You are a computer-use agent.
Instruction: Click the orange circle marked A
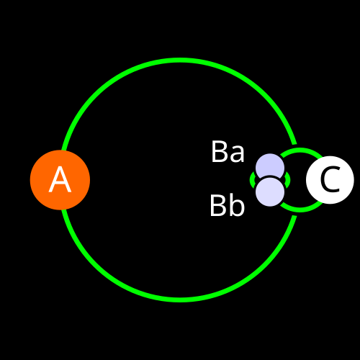click(60, 180)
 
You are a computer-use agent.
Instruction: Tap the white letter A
click(60, 179)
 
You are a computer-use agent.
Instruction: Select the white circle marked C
click(330, 180)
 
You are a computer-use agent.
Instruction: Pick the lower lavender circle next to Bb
click(270, 192)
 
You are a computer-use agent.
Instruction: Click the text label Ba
click(228, 152)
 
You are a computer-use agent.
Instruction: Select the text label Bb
click(228, 205)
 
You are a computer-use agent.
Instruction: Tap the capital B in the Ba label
click(219, 152)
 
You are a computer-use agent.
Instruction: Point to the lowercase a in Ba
click(237, 154)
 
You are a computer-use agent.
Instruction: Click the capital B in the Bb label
click(218, 206)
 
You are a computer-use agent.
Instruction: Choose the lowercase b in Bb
click(237, 205)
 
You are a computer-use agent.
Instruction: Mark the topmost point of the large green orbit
click(180, 60)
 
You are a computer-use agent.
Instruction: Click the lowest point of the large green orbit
click(180, 300)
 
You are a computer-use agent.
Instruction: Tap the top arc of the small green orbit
click(301, 150)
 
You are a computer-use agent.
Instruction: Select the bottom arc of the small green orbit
click(301, 210)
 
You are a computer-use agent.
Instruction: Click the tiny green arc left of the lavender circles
click(252, 179)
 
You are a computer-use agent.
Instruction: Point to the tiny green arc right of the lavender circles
click(288, 179)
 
